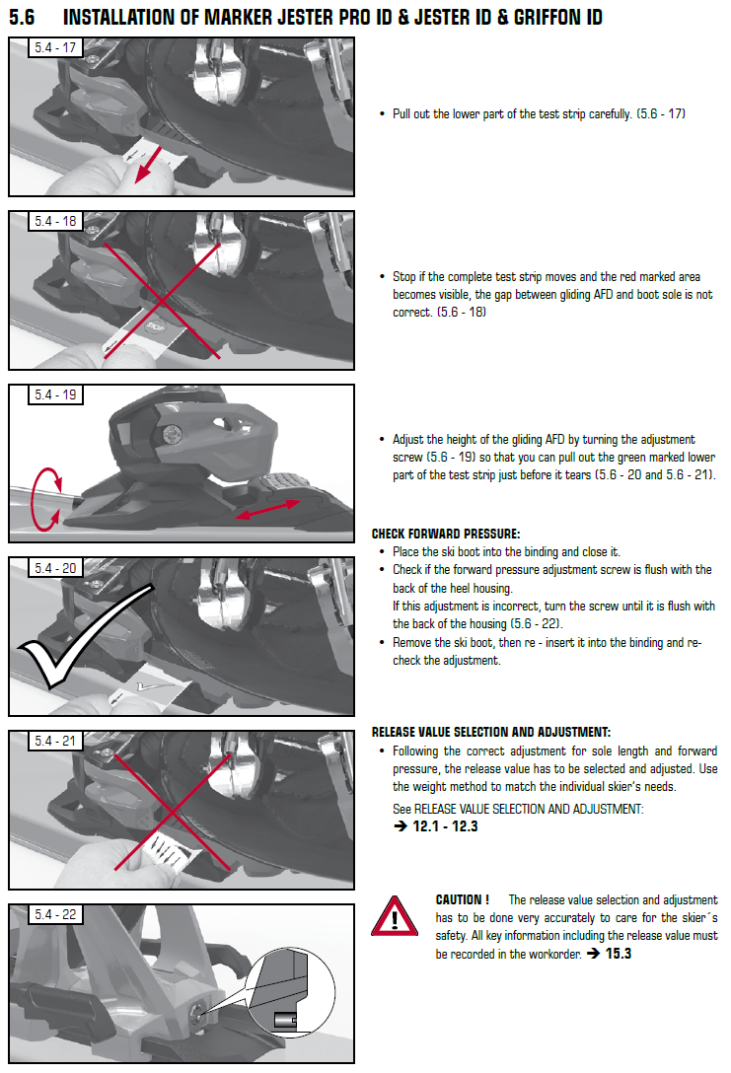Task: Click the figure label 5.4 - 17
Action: coord(55,48)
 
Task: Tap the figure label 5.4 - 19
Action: coord(55,394)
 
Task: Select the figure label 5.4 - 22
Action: coord(55,914)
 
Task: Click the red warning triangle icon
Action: coord(395,917)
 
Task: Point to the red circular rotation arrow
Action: coord(36,499)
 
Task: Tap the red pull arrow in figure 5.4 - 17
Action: coord(148,164)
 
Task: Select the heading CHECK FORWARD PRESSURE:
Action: coord(446,534)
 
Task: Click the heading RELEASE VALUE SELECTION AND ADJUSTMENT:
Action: coord(490,732)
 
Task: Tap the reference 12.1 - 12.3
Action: coord(445,826)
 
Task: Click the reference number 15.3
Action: coord(619,954)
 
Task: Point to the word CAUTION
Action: coord(459,899)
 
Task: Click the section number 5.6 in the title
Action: coord(22,17)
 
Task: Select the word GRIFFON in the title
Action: coord(547,17)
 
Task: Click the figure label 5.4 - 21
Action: coord(55,741)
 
